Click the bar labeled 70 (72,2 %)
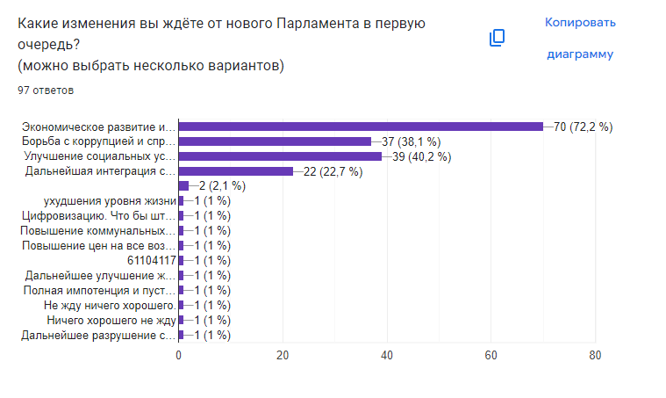click(x=361, y=126)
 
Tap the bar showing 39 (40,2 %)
click(x=280, y=156)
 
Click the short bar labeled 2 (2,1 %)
click(x=183, y=185)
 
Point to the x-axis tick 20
click(x=283, y=355)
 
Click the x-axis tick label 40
click(x=387, y=355)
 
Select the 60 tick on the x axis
click(x=491, y=355)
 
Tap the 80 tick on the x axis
click(x=596, y=355)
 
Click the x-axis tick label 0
click(x=179, y=355)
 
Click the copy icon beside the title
click(x=497, y=38)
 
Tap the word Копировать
click(x=580, y=22)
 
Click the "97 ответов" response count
click(x=46, y=90)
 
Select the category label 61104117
click(x=152, y=260)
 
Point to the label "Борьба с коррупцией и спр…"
click(x=99, y=141)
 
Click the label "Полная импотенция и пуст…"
click(x=99, y=290)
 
